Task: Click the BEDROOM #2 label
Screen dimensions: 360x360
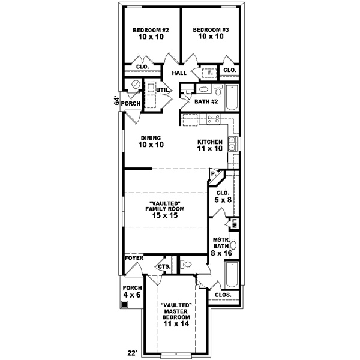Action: click(151, 33)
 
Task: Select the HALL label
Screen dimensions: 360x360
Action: click(179, 73)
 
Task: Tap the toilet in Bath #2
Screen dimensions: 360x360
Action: click(188, 93)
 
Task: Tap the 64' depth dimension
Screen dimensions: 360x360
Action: click(117, 102)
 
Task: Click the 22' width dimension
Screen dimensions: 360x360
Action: click(132, 352)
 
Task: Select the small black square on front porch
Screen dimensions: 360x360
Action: click(124, 304)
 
